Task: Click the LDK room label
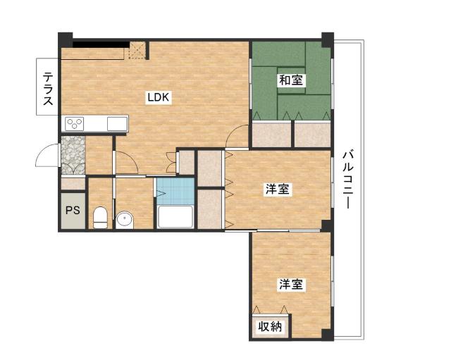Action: pyautogui.click(x=158, y=98)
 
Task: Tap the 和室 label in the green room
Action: pyautogui.click(x=290, y=80)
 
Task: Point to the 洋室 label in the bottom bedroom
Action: pyautogui.click(x=290, y=285)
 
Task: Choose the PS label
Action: pyautogui.click(x=72, y=210)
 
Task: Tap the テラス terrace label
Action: pyautogui.click(x=48, y=89)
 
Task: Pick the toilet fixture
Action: pyautogui.click(x=100, y=216)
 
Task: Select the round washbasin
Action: pyautogui.click(x=125, y=219)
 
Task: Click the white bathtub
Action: pyautogui.click(x=175, y=216)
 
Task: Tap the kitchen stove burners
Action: pyautogui.click(x=75, y=124)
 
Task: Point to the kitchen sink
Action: pyautogui.click(x=117, y=124)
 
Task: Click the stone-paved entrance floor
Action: pyautogui.click(x=72, y=154)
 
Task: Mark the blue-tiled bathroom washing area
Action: pyautogui.click(x=175, y=190)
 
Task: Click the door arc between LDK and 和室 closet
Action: pyautogui.click(x=238, y=134)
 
